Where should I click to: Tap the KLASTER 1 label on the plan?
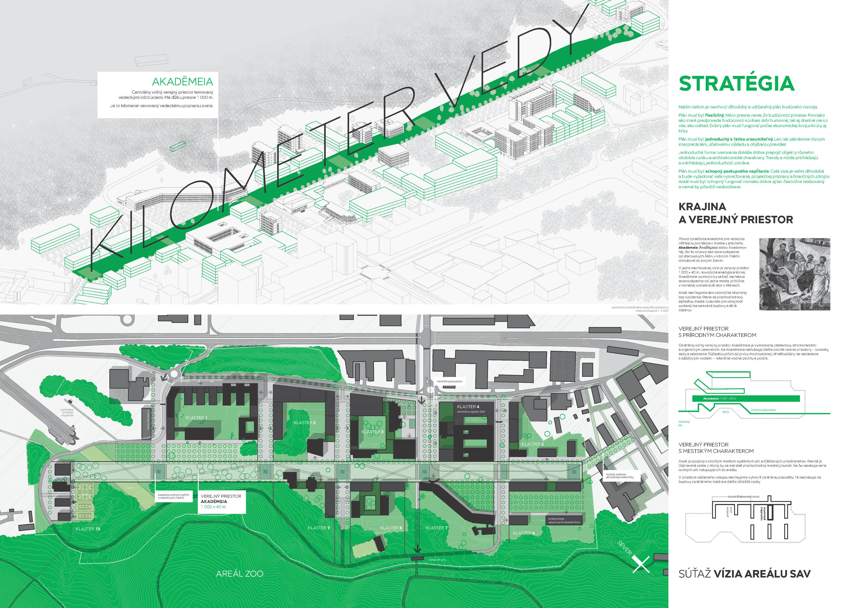pos(196,418)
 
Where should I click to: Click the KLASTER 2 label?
pos(305,422)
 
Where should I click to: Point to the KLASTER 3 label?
pos(372,432)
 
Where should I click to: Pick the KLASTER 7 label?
pos(436,528)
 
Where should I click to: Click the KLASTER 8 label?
pos(391,528)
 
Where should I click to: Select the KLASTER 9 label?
pos(318,528)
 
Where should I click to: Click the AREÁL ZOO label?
pos(240,574)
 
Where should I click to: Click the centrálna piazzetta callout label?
pos(449,381)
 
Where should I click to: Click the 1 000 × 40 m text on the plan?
pos(213,507)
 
